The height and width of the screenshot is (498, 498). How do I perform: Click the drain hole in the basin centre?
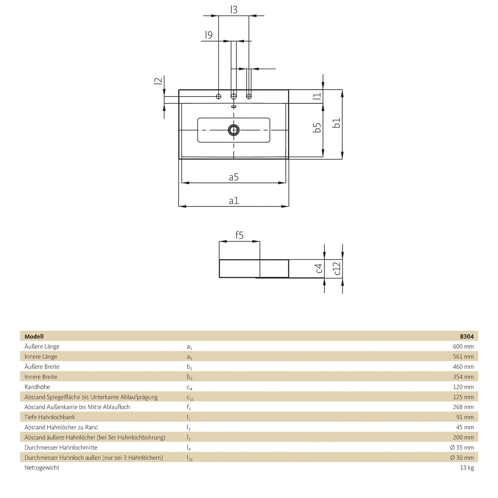[234, 130]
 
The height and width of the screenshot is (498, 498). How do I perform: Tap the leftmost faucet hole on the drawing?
[218, 96]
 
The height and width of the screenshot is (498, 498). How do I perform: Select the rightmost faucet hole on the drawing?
[249, 96]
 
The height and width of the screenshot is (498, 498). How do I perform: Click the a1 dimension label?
[234, 201]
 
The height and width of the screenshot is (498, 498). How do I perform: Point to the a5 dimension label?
[234, 177]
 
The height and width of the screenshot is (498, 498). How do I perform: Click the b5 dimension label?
[318, 127]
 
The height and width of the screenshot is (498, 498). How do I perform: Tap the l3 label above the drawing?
[234, 10]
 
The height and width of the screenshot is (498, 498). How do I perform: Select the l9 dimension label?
[208, 35]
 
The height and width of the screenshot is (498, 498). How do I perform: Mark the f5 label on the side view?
[239, 235]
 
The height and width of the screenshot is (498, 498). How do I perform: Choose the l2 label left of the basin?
[158, 81]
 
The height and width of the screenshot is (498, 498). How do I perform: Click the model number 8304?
[466, 336]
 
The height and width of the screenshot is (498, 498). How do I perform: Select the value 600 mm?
[463, 346]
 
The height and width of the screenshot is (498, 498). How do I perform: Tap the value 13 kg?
[466, 467]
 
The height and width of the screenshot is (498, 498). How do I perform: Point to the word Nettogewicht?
[42, 467]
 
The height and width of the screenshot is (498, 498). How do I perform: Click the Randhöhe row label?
[37, 387]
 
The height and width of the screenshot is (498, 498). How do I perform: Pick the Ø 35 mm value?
[462, 447]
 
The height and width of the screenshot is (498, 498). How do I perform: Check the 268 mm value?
[463, 407]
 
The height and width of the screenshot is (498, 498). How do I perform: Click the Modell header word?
[34, 336]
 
